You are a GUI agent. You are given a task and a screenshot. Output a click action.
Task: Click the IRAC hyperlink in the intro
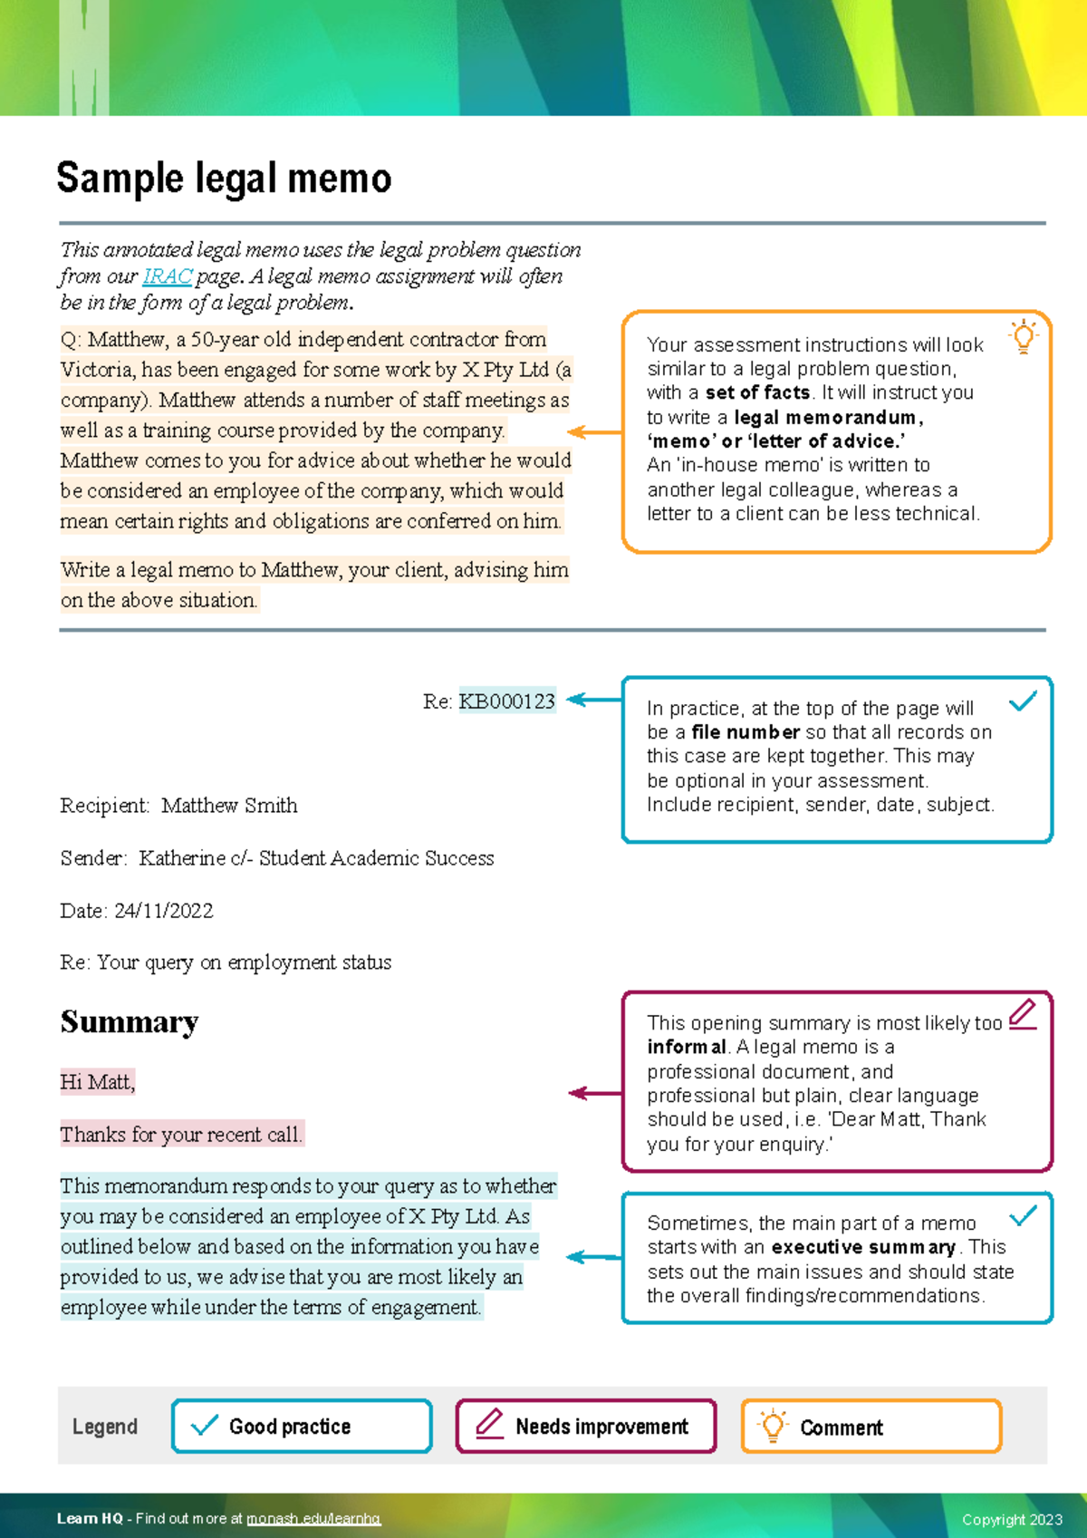(x=167, y=276)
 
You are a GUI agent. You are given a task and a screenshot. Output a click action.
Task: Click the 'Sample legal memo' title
(x=224, y=179)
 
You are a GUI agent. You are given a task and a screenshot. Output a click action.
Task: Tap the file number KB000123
(x=506, y=701)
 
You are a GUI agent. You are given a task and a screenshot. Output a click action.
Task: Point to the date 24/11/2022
(x=164, y=911)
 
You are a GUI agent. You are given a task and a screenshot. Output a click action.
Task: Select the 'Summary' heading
(x=130, y=1022)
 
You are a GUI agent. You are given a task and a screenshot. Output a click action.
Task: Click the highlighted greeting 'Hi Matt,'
(x=98, y=1082)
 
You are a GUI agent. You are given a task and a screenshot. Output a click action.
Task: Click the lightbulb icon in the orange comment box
(x=1024, y=336)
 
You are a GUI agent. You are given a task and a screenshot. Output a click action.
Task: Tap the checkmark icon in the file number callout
(x=1023, y=701)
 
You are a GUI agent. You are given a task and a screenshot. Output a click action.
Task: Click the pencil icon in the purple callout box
(x=1023, y=1013)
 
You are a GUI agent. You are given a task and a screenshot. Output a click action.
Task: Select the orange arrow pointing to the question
(x=594, y=432)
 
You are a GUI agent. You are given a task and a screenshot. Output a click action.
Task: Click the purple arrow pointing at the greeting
(x=594, y=1094)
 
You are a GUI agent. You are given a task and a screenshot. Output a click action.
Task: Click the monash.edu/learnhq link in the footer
(x=313, y=1519)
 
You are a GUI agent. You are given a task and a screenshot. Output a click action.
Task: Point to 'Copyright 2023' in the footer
(x=1012, y=1520)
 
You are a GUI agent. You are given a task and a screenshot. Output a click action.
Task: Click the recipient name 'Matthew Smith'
(x=229, y=806)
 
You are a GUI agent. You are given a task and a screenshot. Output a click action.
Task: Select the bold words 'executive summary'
(x=863, y=1247)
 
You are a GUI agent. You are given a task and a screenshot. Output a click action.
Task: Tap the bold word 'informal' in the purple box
(x=687, y=1048)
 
